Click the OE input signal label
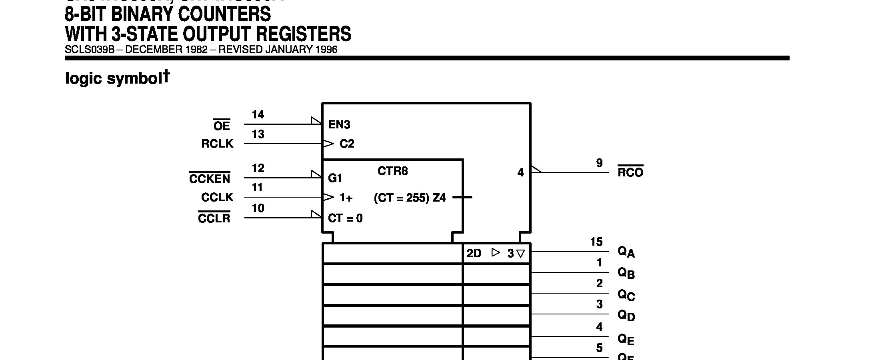pos(222,126)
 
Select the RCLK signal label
pos(217,144)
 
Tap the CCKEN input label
pos(210,178)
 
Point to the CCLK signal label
pos(217,197)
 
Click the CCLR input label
pos(214,218)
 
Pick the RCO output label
pos(630,172)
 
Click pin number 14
pos(258,115)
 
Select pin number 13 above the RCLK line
pos(258,134)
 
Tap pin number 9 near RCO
pos(599,163)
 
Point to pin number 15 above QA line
pos(596,242)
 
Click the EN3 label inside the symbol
pos(339,125)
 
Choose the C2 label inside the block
pos(347,144)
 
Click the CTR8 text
pos(392,171)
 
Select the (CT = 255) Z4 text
pos(410,198)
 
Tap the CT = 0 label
pos(345,218)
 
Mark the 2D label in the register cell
pos(474,254)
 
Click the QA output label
pos(626,252)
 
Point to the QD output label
pos(626,316)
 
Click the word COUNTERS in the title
pos(224,14)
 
